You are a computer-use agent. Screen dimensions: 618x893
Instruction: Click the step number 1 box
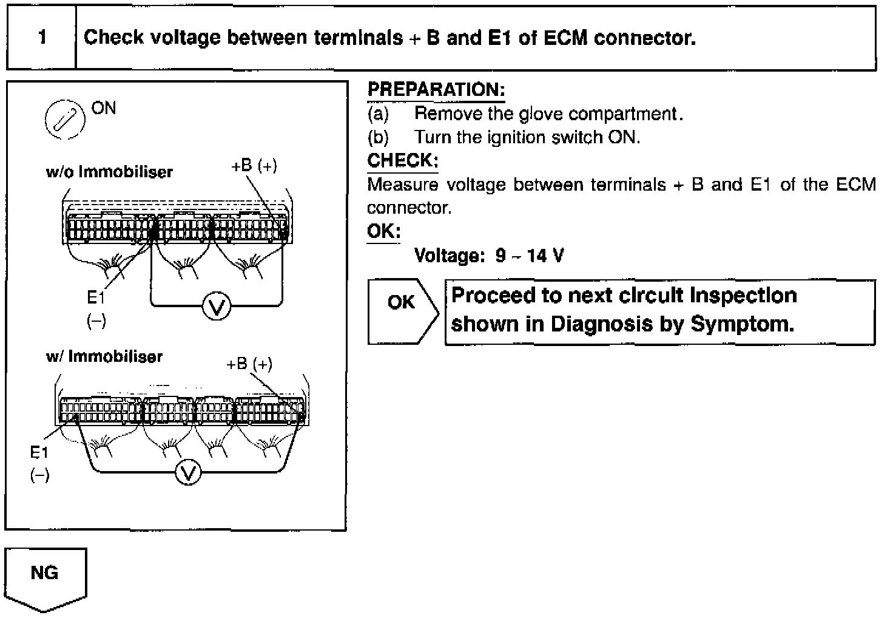[x=41, y=38]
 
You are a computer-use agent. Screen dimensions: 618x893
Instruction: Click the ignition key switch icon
[x=64, y=118]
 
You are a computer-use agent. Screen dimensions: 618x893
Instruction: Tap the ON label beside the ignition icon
[x=104, y=108]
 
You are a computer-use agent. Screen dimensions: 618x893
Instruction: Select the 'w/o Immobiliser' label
[x=109, y=172]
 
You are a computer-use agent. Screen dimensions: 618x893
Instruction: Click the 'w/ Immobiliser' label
[x=104, y=356]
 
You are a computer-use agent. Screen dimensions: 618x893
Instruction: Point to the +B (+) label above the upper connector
[x=254, y=166]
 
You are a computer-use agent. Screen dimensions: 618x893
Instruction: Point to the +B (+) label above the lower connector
[x=249, y=364]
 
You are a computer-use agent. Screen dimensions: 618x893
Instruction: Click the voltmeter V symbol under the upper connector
[x=216, y=307]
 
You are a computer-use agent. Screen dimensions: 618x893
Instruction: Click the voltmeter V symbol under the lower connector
[x=189, y=472]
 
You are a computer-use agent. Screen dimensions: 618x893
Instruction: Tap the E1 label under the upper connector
[x=96, y=298]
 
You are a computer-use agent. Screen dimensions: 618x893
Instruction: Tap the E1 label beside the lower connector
[x=39, y=452]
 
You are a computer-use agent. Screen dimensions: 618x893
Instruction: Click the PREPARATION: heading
[x=436, y=90]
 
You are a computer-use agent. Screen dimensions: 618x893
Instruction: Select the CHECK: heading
[x=402, y=161]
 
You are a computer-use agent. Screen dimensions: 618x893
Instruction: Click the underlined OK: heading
[x=383, y=232]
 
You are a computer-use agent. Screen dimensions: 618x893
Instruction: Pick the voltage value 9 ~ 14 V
[x=529, y=256]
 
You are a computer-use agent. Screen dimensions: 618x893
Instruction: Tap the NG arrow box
[x=45, y=577]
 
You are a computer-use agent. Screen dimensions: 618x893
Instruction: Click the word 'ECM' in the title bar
[x=565, y=38]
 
